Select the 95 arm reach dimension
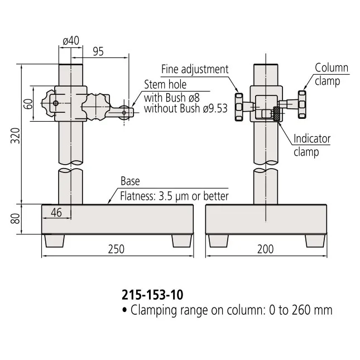[98, 51]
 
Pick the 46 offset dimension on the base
[56, 212]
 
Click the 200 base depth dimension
[265, 249]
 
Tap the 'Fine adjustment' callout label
[195, 69]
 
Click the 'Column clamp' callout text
[332, 74]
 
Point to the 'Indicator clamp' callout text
[312, 145]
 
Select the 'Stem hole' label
[165, 85]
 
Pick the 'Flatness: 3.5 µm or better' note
[175, 196]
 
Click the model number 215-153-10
[152, 294]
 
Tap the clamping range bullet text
[227, 310]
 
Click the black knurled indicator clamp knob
[276, 114]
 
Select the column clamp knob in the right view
[303, 104]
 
